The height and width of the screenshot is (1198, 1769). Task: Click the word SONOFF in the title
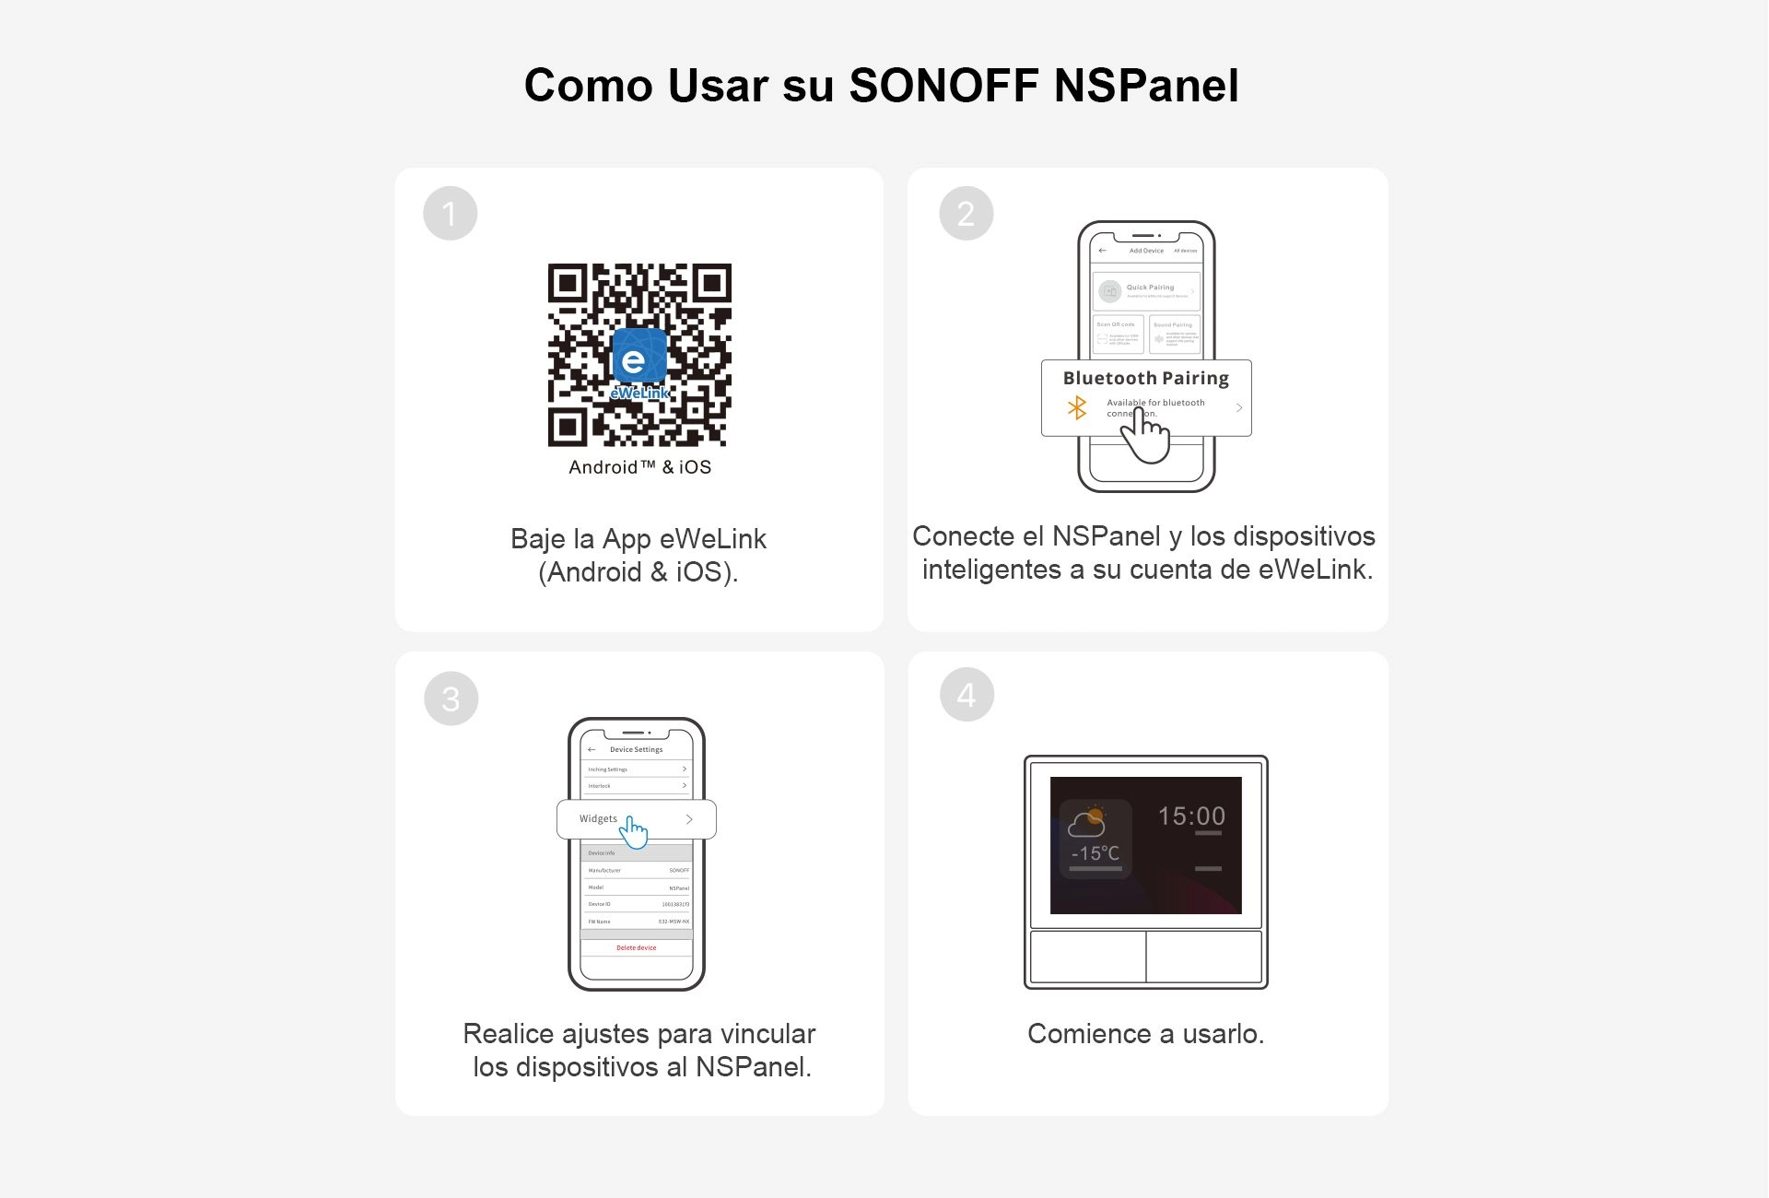coord(943,86)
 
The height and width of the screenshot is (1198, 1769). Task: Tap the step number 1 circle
coord(450,214)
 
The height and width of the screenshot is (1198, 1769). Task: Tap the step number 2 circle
coord(966,214)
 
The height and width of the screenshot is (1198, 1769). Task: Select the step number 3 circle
coord(451,699)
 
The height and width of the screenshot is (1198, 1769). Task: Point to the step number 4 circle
coord(967,694)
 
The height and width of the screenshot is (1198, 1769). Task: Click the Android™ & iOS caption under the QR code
coord(639,467)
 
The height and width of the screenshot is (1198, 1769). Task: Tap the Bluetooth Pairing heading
coord(1145,378)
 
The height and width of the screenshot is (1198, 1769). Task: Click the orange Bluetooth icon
coord(1076,407)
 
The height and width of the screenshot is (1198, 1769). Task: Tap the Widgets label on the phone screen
coord(598,818)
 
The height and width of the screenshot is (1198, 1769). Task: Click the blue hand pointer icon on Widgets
coord(634,831)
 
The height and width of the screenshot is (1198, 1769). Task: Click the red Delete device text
coord(636,947)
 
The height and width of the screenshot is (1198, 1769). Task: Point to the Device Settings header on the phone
coord(636,749)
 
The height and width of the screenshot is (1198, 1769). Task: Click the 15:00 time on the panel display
coord(1191,816)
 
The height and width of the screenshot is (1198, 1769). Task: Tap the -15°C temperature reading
coord(1095,853)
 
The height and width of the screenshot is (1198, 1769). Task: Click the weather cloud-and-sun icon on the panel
coord(1086,820)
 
